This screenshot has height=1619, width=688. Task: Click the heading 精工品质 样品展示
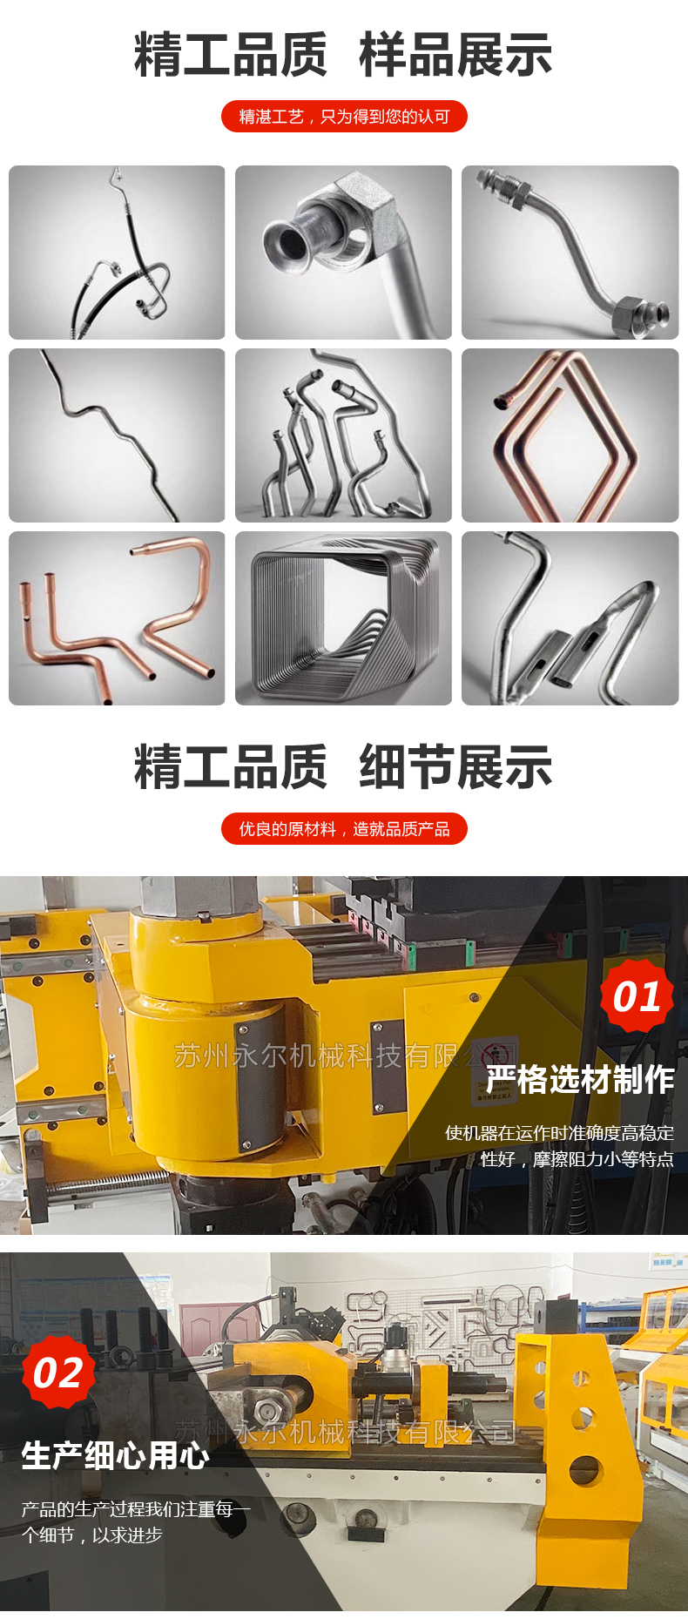click(x=343, y=55)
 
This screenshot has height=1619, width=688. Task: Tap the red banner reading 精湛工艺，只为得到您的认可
click(x=344, y=117)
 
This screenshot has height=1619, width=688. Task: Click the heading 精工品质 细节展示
click(x=343, y=767)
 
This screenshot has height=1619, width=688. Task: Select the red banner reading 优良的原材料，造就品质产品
click(x=344, y=829)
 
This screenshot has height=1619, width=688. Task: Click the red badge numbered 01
click(x=637, y=996)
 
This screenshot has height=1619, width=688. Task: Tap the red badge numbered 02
click(x=58, y=1373)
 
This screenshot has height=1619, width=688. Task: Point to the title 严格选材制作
click(x=580, y=1079)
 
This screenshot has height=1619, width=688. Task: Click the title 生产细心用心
click(x=116, y=1455)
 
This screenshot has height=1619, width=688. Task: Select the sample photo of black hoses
click(x=117, y=253)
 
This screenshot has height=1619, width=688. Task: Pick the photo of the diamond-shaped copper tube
click(x=570, y=435)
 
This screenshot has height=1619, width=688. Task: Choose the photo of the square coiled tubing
click(x=344, y=618)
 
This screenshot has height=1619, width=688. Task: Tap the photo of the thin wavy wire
click(x=117, y=435)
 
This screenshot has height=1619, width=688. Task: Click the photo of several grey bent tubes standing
click(x=344, y=435)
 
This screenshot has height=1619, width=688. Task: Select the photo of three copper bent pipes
click(x=117, y=618)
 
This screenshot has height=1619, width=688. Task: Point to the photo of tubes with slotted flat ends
click(x=570, y=618)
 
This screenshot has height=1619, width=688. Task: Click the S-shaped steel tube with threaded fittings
click(x=570, y=253)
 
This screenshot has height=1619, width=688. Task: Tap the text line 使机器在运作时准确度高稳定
click(x=560, y=1133)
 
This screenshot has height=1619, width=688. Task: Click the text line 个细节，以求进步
click(x=92, y=1535)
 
